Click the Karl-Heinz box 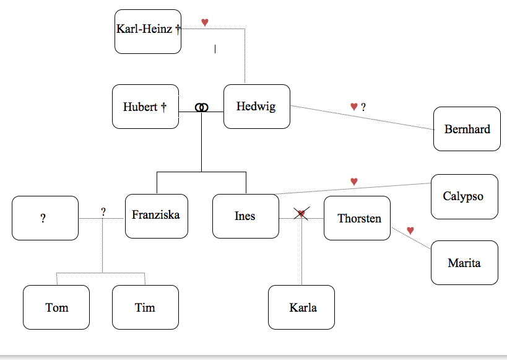click(x=148, y=31)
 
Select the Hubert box click(x=145, y=107)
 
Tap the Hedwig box click(x=256, y=107)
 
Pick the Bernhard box click(x=467, y=129)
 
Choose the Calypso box click(x=464, y=196)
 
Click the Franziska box click(x=156, y=216)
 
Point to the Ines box click(x=245, y=216)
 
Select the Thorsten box click(x=357, y=218)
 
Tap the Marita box click(x=464, y=263)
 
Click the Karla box click(x=301, y=307)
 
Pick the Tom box click(x=56, y=307)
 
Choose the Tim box click(x=145, y=307)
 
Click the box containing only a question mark click(x=45, y=218)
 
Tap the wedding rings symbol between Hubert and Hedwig click(x=201, y=107)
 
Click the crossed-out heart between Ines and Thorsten click(x=301, y=214)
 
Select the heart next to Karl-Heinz click(x=205, y=22)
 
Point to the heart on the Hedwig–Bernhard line click(x=354, y=107)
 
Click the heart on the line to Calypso click(x=354, y=181)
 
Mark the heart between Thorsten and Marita click(x=410, y=230)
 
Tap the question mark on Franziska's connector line click(x=103, y=212)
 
